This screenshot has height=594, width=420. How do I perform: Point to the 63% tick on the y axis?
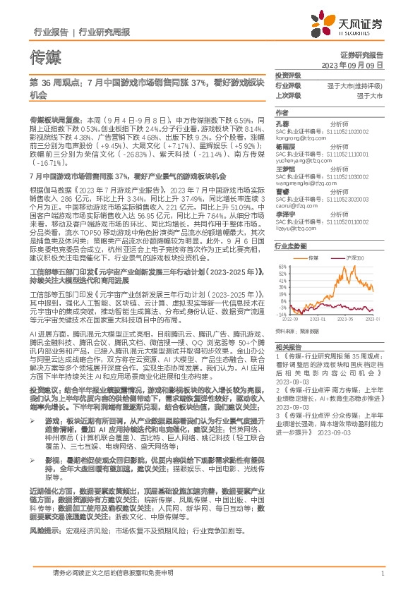pyautogui.click(x=282, y=267)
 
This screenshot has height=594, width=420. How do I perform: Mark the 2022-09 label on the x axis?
pyautogui.click(x=292, y=319)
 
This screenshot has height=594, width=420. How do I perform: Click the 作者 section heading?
pyautogui.click(x=282, y=112)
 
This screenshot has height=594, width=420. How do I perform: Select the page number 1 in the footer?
pyautogui.click(x=381, y=574)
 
